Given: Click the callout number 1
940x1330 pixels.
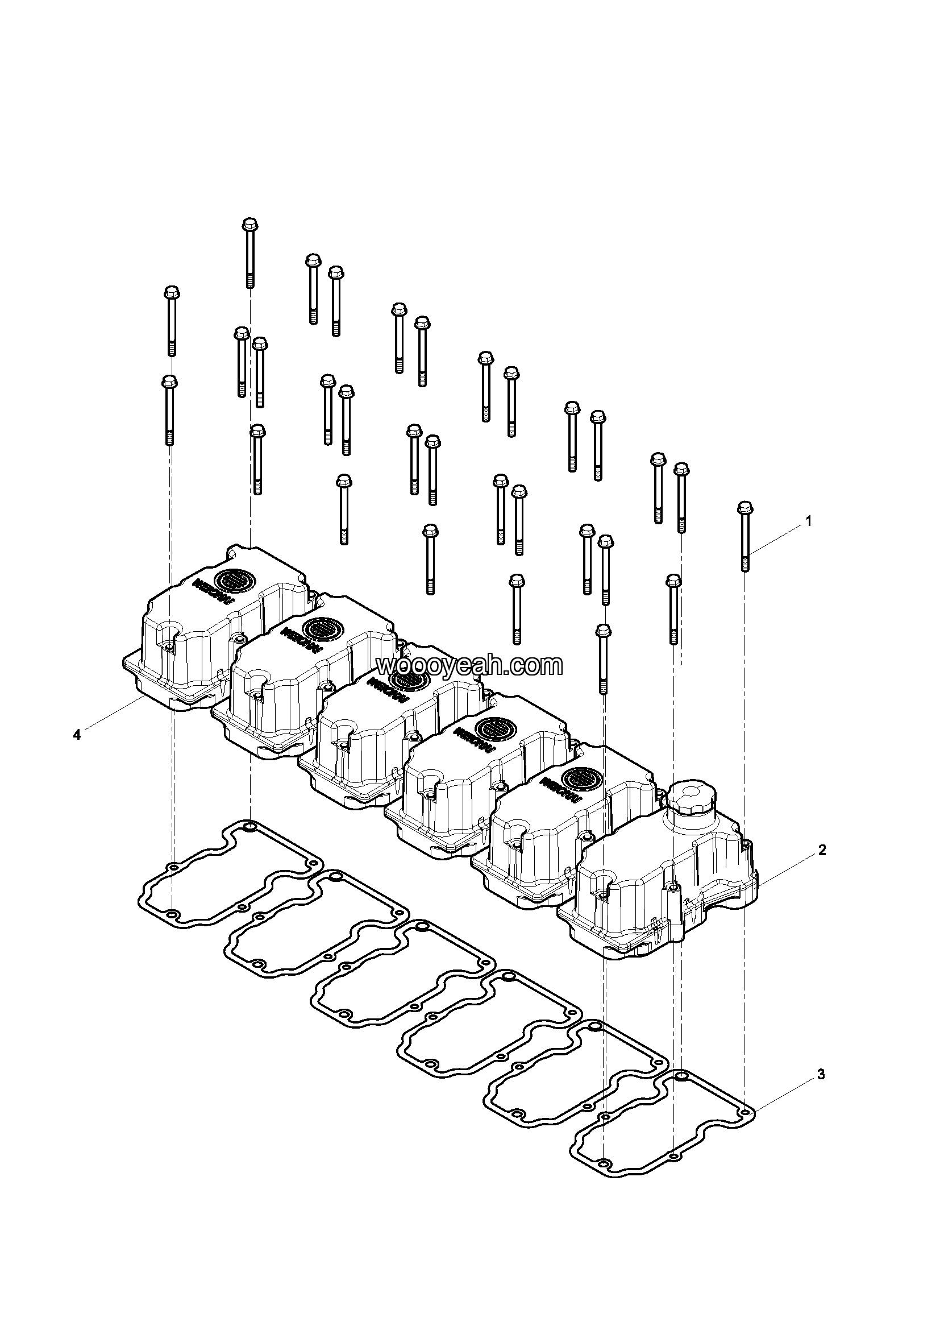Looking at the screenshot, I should pyautogui.click(x=809, y=521).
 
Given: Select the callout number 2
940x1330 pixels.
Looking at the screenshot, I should pyautogui.click(x=822, y=850).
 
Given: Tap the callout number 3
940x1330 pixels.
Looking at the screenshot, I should pyautogui.click(x=821, y=1075).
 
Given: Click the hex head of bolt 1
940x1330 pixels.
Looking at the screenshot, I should pyautogui.click(x=745, y=508).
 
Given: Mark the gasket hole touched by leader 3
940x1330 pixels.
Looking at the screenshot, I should pyautogui.click(x=746, y=1113).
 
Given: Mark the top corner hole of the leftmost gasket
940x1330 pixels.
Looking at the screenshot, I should pyautogui.click(x=250, y=826).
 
